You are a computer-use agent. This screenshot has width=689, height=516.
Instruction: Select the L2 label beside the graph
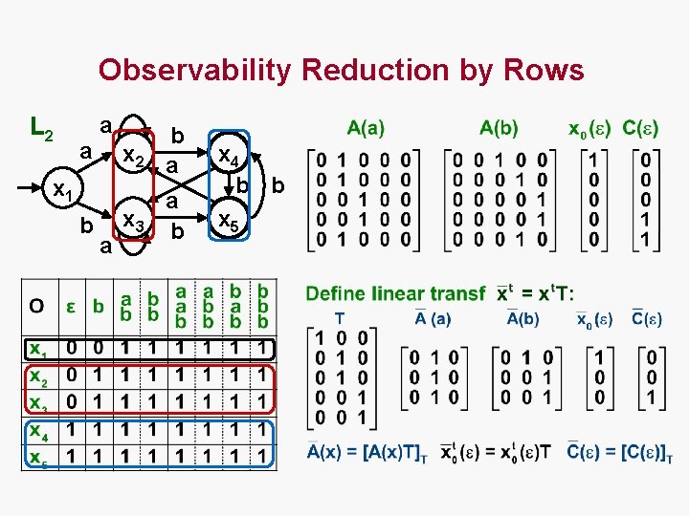[x=41, y=126]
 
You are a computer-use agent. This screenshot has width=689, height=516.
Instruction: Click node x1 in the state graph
[x=65, y=191]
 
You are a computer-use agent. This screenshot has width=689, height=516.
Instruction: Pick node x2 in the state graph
[x=130, y=158]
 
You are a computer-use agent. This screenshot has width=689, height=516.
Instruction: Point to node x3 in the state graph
[x=130, y=225]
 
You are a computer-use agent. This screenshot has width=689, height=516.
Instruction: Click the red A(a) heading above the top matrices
[x=366, y=127]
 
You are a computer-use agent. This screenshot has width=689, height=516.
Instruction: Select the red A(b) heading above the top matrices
[x=499, y=127]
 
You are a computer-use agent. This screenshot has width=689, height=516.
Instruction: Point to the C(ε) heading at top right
[x=640, y=127]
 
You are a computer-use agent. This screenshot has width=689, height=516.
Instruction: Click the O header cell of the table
[x=35, y=306]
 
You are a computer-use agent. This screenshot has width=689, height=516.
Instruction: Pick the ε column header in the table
[x=70, y=306]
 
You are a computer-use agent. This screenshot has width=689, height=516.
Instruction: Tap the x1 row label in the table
[x=37, y=348]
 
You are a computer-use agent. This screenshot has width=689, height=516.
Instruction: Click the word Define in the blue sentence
[x=340, y=292]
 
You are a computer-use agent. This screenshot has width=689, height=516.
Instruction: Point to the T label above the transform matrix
[x=340, y=318]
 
